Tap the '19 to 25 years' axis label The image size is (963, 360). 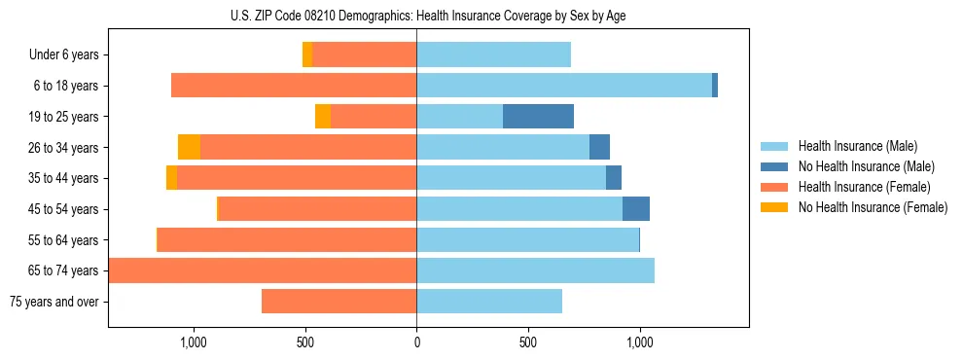60,117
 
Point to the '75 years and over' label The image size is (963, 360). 54,302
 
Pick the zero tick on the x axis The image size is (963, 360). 416,342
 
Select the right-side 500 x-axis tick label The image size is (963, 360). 528,342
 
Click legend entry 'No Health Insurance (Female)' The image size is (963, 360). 873,207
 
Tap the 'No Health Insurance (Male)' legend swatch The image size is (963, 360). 774,166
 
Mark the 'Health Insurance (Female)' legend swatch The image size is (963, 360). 774,187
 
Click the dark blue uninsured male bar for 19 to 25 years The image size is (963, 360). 538,117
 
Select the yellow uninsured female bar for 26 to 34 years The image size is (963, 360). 189,147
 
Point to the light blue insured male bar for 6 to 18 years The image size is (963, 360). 564,86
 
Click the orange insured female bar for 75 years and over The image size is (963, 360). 339,302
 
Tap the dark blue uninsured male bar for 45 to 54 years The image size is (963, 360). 636,208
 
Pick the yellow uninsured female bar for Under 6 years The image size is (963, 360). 307,54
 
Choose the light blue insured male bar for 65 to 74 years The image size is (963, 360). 535,270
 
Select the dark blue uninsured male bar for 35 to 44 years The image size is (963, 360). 614,178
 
